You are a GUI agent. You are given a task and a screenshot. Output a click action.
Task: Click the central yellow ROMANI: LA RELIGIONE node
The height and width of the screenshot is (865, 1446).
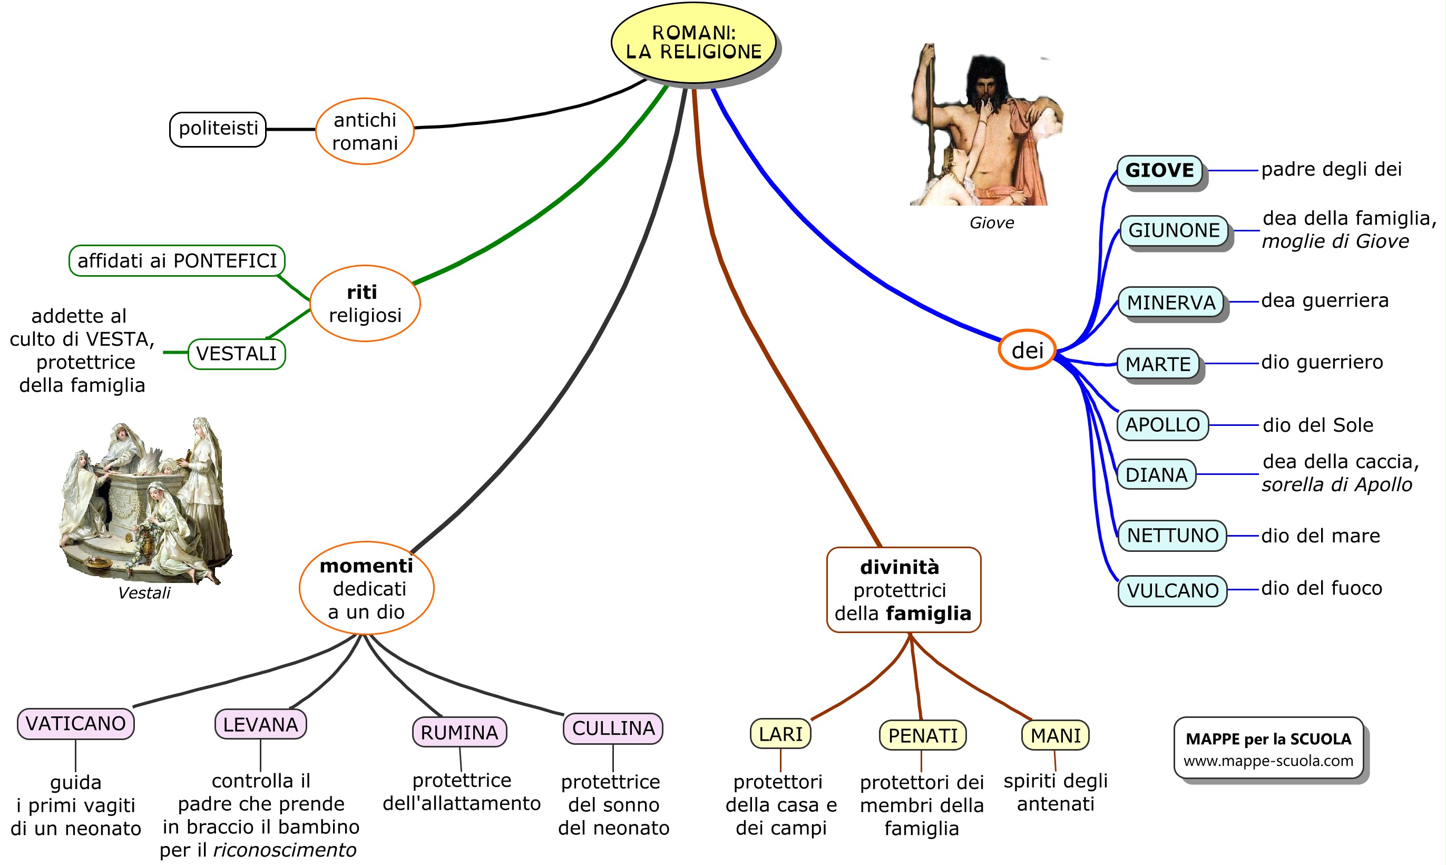[693, 43]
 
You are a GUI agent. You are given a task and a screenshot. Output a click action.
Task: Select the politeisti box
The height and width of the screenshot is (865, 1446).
[218, 129]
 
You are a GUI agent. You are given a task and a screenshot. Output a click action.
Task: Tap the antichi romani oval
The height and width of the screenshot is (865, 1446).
[365, 131]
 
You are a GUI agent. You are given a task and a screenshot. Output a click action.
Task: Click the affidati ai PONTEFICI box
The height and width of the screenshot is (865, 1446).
[177, 260]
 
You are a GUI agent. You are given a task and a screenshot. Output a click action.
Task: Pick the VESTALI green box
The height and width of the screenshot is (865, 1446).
[237, 354]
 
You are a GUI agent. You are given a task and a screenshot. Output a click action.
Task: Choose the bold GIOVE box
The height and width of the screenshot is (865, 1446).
[1159, 171]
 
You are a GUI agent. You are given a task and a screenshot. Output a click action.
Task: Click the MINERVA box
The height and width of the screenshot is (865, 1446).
[1171, 303]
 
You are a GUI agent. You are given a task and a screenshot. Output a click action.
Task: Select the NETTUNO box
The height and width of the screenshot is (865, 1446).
[1172, 535]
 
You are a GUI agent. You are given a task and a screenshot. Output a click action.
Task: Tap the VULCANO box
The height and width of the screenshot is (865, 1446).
[1172, 590]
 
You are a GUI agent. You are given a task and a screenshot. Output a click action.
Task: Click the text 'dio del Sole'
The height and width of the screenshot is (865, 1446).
[1318, 425]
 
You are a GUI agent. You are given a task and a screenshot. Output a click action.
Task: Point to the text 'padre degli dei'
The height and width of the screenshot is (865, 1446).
[1331, 170]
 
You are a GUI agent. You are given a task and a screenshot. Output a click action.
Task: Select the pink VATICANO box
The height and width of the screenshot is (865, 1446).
[76, 724]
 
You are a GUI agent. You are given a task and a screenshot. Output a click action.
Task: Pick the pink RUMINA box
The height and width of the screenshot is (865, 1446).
[459, 732]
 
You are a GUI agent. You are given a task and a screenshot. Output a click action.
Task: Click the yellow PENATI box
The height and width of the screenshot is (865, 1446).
[923, 736]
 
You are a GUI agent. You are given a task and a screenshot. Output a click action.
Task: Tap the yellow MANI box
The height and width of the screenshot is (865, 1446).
[1055, 736]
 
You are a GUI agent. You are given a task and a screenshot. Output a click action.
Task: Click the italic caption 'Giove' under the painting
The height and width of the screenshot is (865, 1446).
[992, 222]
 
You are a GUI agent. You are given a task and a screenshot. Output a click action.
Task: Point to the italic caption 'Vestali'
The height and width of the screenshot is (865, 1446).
[144, 594]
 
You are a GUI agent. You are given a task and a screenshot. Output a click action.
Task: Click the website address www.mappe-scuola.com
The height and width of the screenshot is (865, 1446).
[1268, 761]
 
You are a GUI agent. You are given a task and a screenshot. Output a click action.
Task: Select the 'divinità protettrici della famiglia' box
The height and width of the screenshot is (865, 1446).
[904, 590]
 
